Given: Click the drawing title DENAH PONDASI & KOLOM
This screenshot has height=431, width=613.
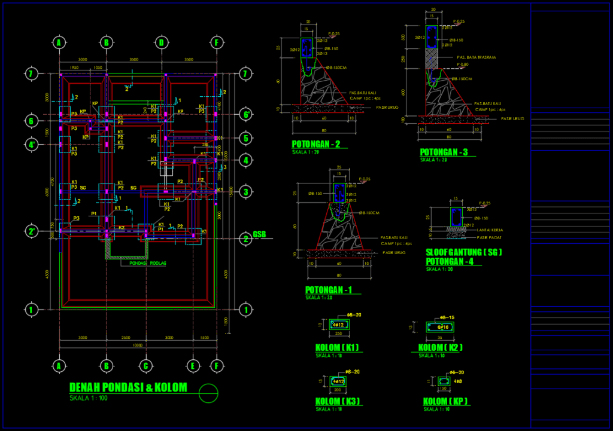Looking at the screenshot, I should [x=128, y=387].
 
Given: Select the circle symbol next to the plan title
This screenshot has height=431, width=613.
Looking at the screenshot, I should [x=208, y=393].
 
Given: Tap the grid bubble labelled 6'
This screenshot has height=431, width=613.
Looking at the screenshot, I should [x=244, y=114].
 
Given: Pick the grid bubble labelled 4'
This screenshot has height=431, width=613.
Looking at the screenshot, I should [x=31, y=144].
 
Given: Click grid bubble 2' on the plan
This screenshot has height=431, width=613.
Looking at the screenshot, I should [x=31, y=231].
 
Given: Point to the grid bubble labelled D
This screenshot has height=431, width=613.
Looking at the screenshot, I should [x=161, y=42].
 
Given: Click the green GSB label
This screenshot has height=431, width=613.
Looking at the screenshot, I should [x=259, y=234].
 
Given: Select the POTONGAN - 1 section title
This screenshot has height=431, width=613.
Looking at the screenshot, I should [x=329, y=290].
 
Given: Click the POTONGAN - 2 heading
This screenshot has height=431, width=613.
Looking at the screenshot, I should [x=316, y=145].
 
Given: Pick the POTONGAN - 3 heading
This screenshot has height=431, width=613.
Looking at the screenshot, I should [x=444, y=152].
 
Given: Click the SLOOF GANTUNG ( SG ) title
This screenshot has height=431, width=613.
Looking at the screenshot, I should [x=463, y=252].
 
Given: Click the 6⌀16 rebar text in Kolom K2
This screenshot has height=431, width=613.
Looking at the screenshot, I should [x=443, y=327].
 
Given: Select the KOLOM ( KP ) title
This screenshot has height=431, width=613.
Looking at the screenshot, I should [x=445, y=401].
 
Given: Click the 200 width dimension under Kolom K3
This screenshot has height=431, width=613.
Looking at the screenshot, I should [x=338, y=389].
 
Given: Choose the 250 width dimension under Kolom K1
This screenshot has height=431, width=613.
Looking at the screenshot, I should [x=338, y=334].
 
